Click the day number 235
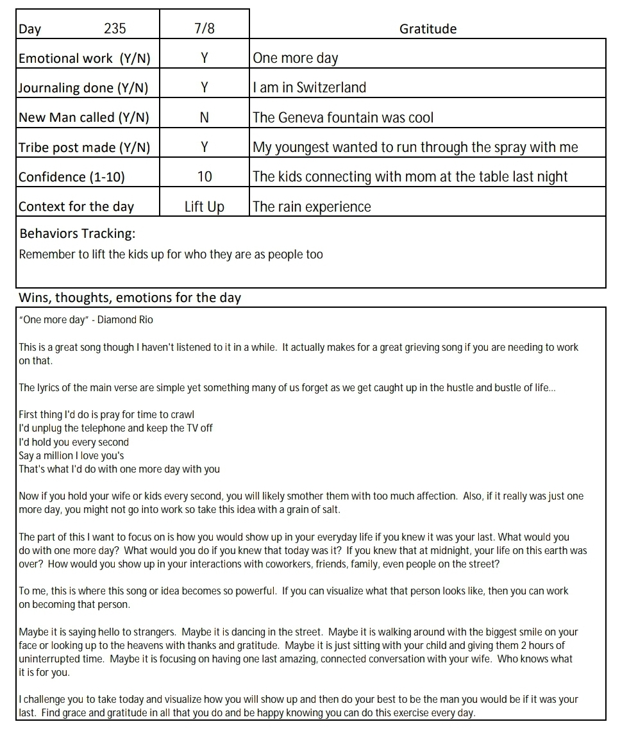tap(115, 29)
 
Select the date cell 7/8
tap(204, 29)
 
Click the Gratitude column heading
tap(428, 29)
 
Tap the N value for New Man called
tap(204, 117)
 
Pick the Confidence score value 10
tap(204, 177)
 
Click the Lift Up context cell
tap(204, 206)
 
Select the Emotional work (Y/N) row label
tap(85, 58)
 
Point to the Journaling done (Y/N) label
tap(83, 88)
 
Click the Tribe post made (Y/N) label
tap(85, 147)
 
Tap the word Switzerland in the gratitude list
tap(331, 88)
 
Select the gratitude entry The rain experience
tap(312, 206)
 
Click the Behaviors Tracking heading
tap(78, 233)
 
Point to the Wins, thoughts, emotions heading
tap(130, 298)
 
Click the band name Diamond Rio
tap(125, 319)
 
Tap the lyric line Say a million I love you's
tap(71, 456)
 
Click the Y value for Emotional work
tap(204, 58)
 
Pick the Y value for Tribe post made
tap(204, 147)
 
